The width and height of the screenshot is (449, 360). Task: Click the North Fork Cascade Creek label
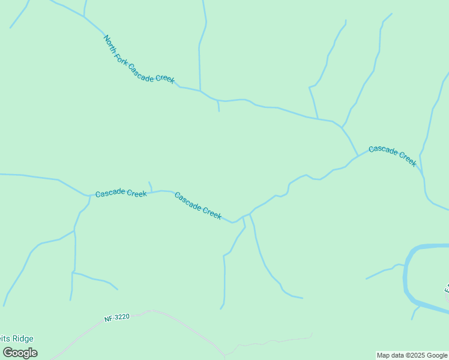point(139,60)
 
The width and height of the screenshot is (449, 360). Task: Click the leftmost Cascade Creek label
point(121,193)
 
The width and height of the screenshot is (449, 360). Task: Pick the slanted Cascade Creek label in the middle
point(198,205)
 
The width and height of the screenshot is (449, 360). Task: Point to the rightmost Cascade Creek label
point(392,155)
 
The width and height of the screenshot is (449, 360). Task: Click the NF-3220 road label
point(116,316)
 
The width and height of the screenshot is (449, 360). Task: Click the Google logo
point(20,353)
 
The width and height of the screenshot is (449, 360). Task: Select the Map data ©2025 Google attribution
point(412,355)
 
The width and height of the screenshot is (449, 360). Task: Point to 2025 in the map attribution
point(416,355)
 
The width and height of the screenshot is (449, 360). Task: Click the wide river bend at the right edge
point(408,276)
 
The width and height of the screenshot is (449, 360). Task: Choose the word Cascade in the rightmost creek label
point(382,150)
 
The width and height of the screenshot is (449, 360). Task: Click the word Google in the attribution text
point(437,355)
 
